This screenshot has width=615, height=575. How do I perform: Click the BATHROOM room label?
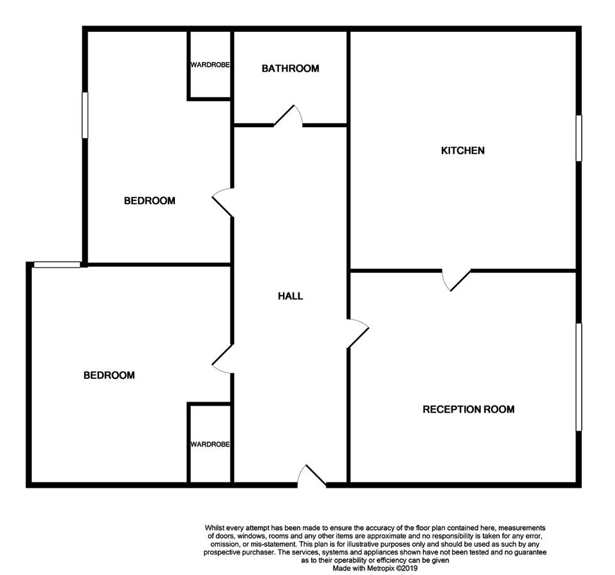(290, 68)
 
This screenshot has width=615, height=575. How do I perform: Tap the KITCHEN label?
(463, 150)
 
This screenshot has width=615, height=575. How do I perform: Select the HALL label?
(290, 296)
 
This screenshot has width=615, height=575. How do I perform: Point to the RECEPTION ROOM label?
(469, 410)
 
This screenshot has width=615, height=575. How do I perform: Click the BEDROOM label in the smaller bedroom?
(149, 201)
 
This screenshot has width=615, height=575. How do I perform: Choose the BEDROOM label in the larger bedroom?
(109, 375)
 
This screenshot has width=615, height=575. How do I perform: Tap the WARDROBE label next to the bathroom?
(210, 65)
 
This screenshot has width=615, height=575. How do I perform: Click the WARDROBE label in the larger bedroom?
(210, 444)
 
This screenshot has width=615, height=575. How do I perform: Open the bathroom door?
(288, 116)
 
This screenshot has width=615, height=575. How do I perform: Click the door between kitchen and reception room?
(456, 280)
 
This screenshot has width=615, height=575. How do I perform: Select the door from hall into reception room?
(358, 333)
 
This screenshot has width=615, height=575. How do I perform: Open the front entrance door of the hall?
(312, 476)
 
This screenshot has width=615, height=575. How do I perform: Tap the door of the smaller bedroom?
(223, 203)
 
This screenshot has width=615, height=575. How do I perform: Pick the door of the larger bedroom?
(223, 359)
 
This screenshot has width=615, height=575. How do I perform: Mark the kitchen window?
(579, 138)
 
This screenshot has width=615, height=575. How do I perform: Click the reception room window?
(579, 377)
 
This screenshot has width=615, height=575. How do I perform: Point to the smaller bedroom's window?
(85, 115)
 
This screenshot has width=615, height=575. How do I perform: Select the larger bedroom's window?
(57, 264)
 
